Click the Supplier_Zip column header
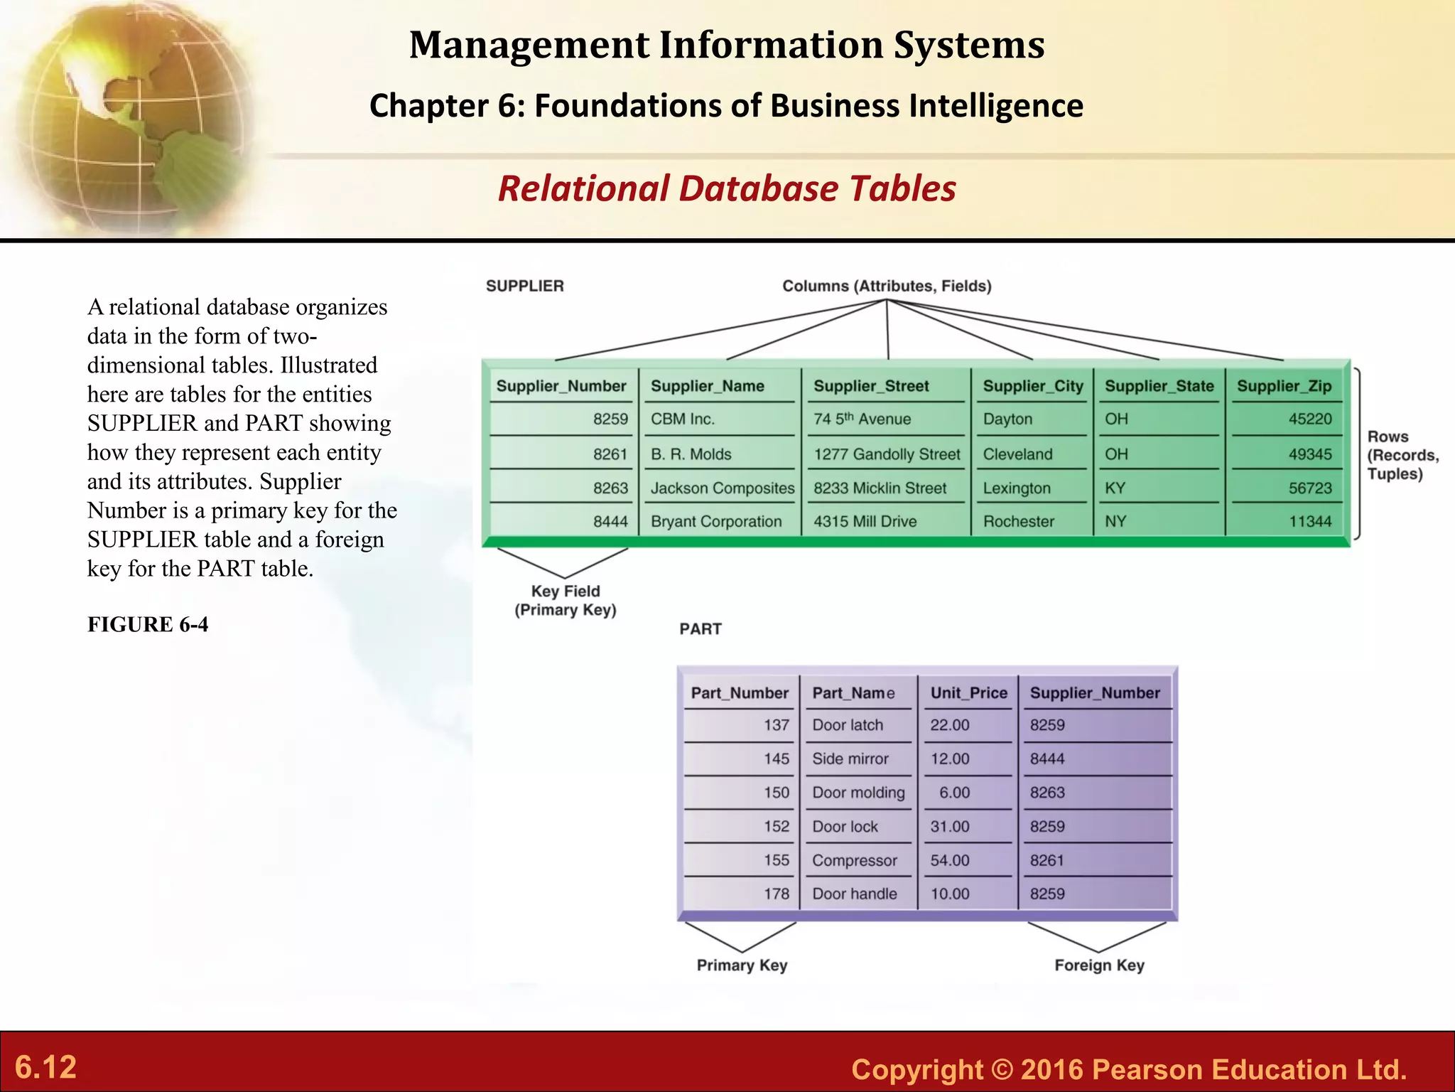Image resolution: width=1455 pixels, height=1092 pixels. coord(1284,386)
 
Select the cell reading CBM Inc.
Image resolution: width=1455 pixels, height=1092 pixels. coord(683,419)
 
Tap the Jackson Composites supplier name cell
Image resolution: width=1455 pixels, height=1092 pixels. coord(722,488)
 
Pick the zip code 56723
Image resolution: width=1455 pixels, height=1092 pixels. coord(1310,488)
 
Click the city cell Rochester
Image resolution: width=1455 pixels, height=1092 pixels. coord(1018,522)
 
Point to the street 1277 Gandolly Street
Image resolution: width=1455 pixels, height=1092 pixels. coord(887,454)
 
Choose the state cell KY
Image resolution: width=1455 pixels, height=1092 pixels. coord(1115,488)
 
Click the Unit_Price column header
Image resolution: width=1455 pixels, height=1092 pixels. coord(968,693)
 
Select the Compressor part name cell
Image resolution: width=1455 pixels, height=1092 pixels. coord(854,861)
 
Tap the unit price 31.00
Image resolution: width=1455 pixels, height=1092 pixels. coord(950,827)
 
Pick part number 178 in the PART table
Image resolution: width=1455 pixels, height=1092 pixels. coord(777,894)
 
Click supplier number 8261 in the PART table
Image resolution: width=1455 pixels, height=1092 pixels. coord(1047,861)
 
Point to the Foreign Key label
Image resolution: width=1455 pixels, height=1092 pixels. coord(1099,965)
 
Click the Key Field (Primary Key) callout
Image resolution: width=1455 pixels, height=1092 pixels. coord(566,601)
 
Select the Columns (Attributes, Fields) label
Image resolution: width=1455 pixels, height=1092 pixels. coord(887,287)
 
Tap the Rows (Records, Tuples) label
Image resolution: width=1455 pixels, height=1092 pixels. coord(1402,455)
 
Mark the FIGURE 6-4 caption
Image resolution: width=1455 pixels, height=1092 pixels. coord(148,625)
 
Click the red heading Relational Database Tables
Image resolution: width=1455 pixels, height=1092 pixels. coord(727,189)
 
